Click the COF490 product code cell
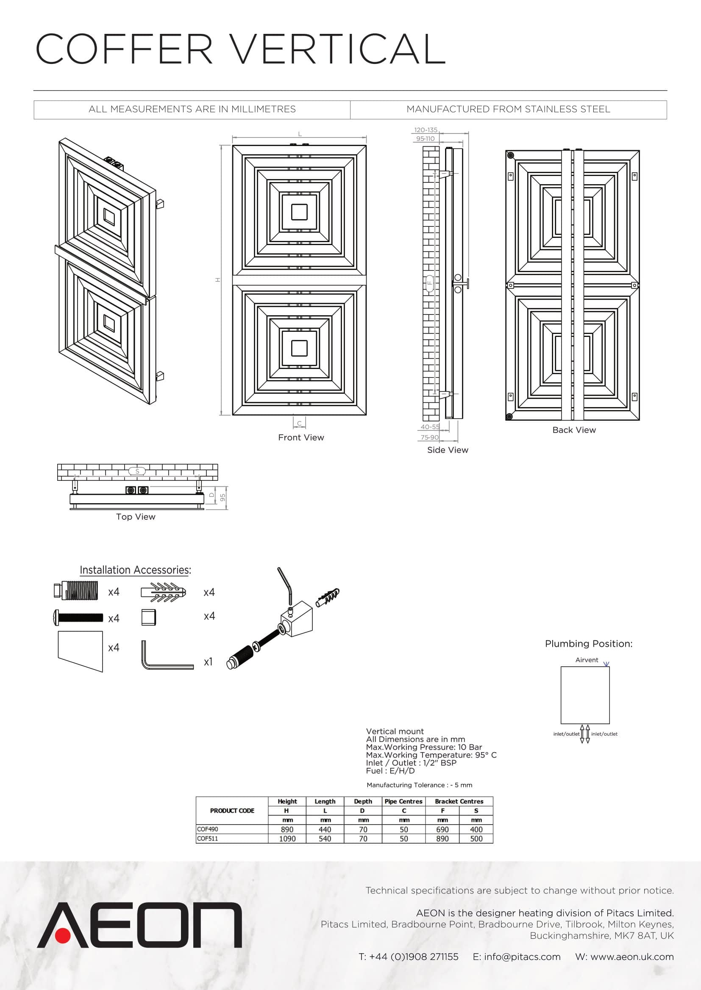click(208, 829)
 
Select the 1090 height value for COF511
click(287, 838)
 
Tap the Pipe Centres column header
click(403, 801)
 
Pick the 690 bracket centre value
click(442, 829)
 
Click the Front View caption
click(301, 437)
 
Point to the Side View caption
click(448, 450)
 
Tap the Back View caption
click(574, 430)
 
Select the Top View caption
click(136, 516)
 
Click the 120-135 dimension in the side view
click(426, 130)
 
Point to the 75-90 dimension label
click(429, 437)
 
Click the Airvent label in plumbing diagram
click(587, 660)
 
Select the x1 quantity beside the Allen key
click(208, 662)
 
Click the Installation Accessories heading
click(135, 570)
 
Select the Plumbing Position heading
click(588, 644)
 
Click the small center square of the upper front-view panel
click(299, 212)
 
